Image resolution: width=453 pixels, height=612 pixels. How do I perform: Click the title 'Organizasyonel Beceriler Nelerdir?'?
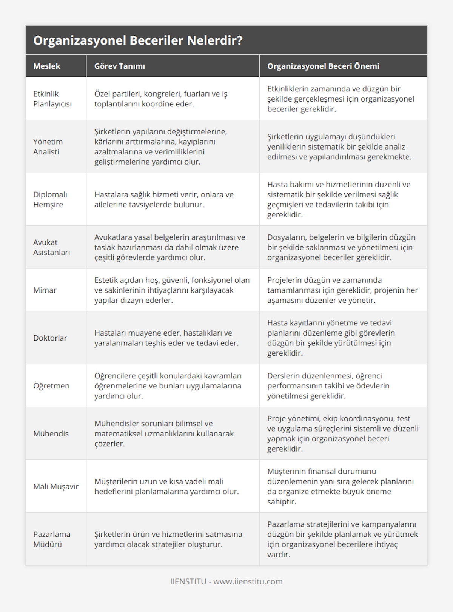click(x=138, y=40)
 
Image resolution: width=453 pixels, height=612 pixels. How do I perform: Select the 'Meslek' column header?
click(x=47, y=66)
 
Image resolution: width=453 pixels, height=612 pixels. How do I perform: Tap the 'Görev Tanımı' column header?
click(x=120, y=66)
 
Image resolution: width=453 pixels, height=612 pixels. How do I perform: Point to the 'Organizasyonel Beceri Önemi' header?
click(x=323, y=66)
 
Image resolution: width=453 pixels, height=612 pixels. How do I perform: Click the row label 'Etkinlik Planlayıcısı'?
click(x=52, y=99)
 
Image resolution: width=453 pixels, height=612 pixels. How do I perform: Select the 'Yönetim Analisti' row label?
click(x=48, y=146)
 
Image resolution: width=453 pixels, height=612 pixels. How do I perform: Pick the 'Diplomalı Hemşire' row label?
click(x=50, y=199)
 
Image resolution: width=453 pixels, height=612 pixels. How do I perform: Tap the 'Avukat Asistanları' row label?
click(x=52, y=247)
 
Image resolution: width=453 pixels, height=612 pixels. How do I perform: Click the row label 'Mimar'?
click(x=45, y=290)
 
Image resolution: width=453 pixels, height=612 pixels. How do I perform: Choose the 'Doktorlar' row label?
click(x=50, y=338)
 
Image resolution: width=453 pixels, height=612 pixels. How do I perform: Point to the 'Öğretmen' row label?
click(x=51, y=385)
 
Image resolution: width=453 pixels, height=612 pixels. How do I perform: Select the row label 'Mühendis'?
click(x=51, y=433)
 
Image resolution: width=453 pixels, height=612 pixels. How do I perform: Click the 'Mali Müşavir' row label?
click(x=56, y=486)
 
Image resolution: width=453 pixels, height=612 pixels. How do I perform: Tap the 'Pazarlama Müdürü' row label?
click(x=52, y=539)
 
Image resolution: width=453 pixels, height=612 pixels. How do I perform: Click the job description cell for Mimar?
click(x=172, y=290)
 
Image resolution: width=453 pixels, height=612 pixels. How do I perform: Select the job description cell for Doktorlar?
click(x=166, y=338)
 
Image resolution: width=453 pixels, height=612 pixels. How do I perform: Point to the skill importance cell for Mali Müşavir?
click(x=340, y=486)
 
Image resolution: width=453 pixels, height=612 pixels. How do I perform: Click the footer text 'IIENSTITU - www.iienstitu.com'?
click(x=226, y=581)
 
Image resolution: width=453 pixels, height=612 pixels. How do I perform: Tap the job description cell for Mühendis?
click(x=164, y=433)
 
